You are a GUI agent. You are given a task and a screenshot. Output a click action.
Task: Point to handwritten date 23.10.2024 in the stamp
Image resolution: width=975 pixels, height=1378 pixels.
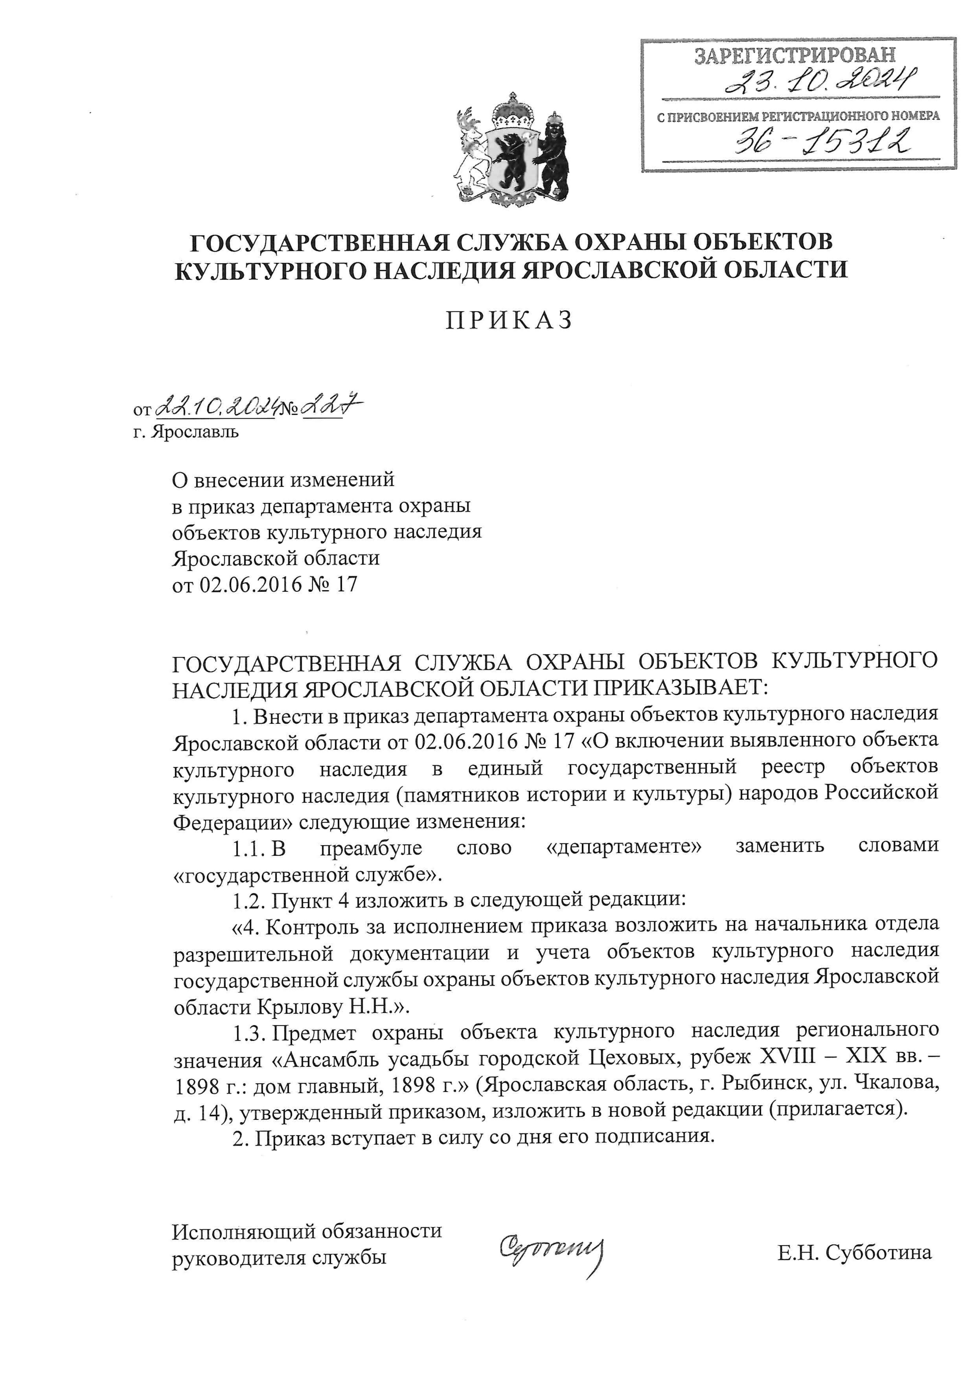point(822,82)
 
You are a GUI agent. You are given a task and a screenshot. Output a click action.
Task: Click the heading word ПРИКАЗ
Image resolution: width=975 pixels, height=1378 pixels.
point(509,321)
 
